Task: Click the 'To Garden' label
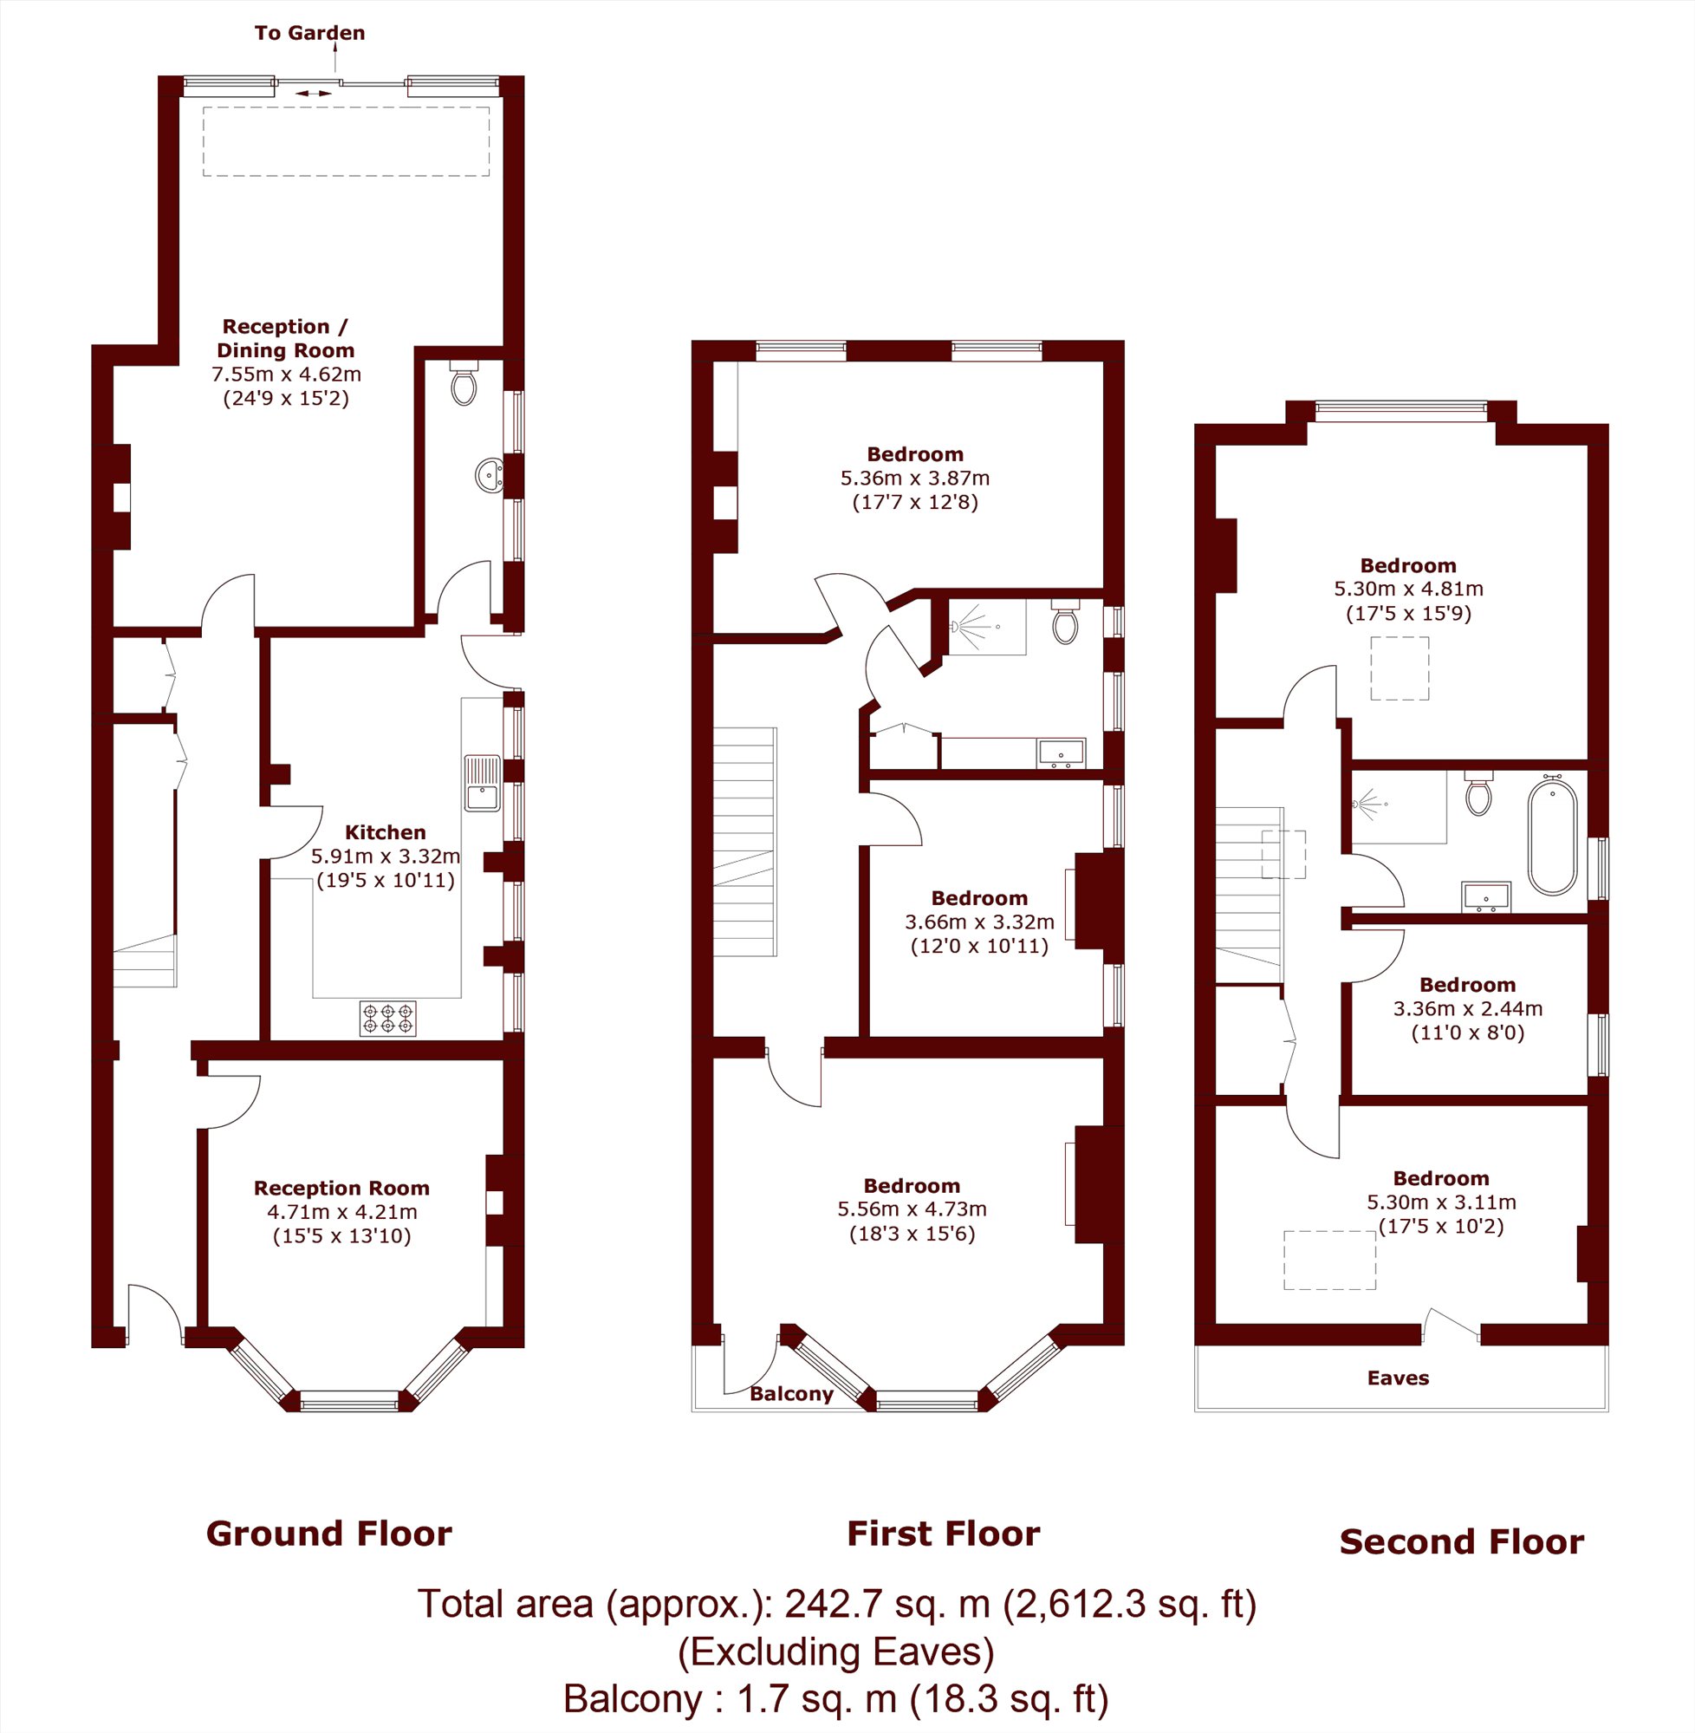click(310, 33)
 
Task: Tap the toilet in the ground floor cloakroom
click(464, 382)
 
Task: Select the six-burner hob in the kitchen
click(387, 1019)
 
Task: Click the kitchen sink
click(482, 784)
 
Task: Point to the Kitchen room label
click(386, 832)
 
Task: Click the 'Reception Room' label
click(341, 1188)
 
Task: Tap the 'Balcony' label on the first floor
click(791, 1394)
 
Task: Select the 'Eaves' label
click(1398, 1378)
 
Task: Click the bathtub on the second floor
click(1552, 833)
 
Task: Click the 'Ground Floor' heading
click(329, 1534)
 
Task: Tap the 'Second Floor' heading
click(1462, 1541)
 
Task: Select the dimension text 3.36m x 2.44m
click(1468, 1009)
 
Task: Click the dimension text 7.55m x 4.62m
click(287, 374)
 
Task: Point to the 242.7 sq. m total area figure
click(886, 1604)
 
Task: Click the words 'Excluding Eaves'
click(836, 1652)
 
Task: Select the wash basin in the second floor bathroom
click(1486, 896)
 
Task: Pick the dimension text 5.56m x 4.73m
click(912, 1209)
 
